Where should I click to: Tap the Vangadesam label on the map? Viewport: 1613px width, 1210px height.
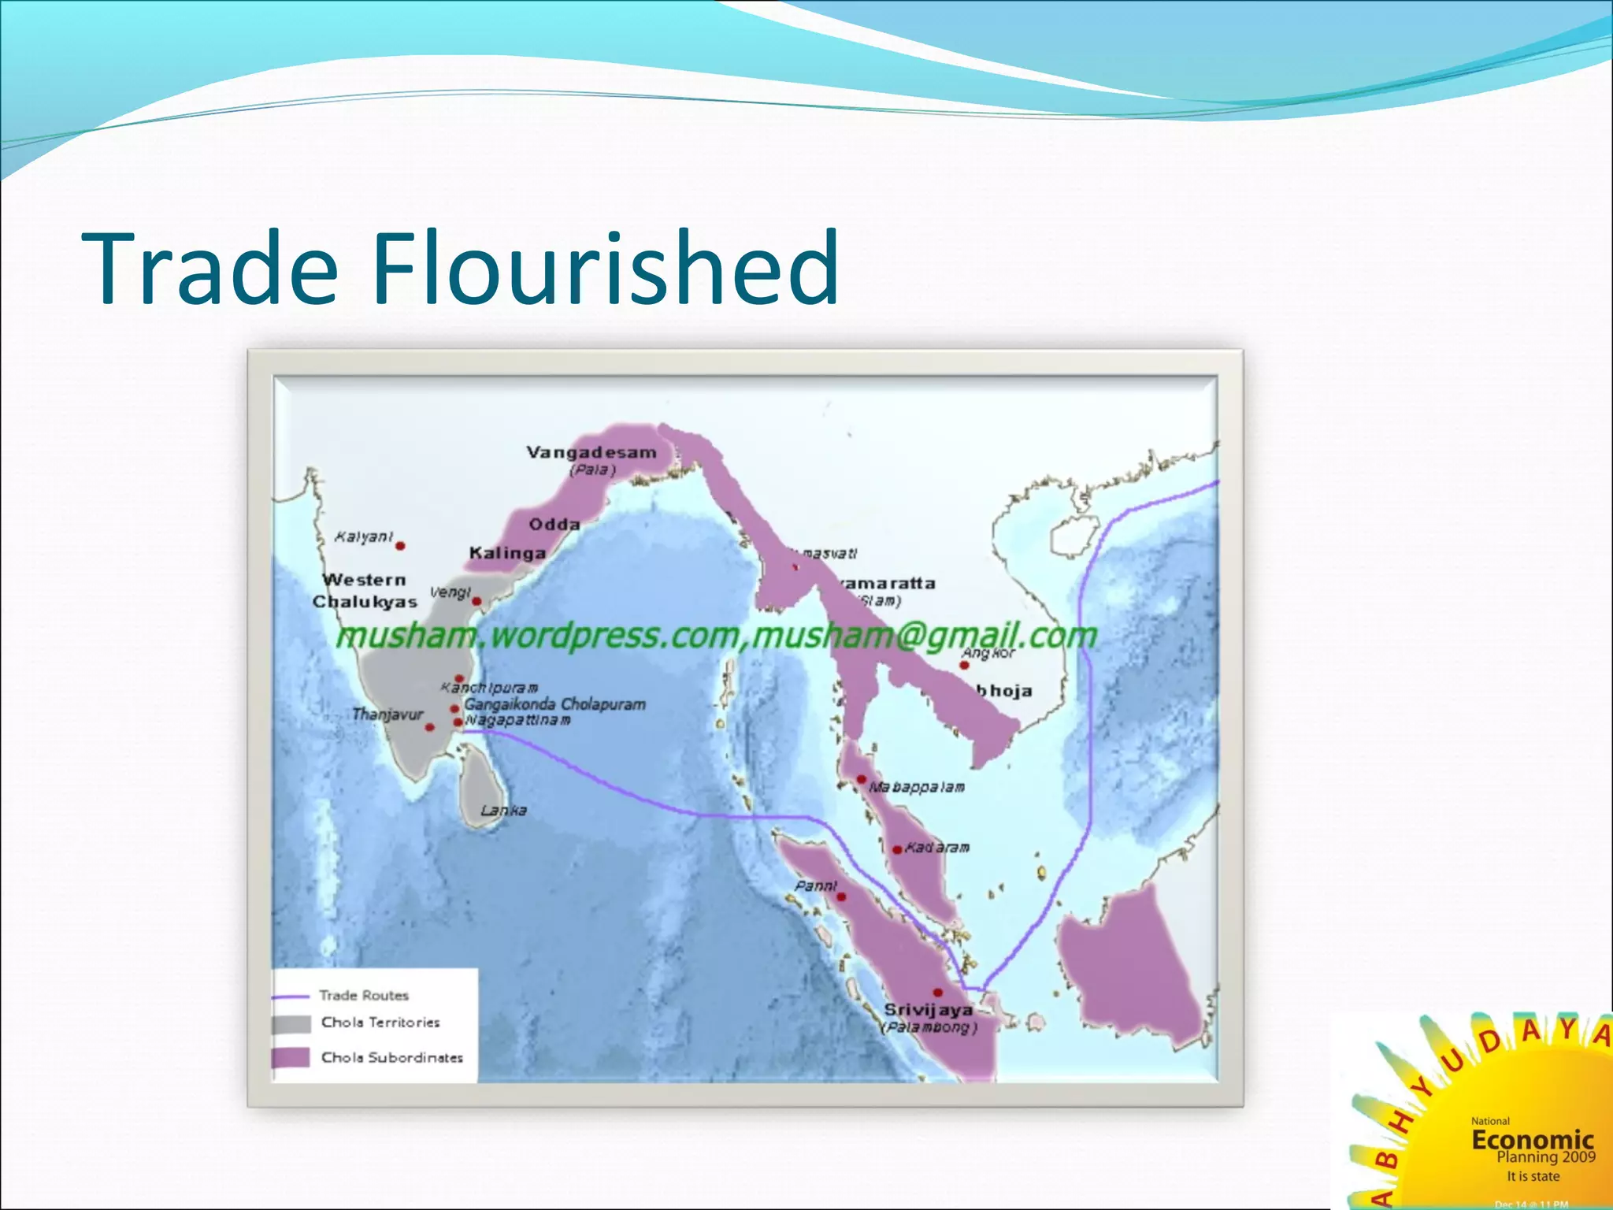pos(591,453)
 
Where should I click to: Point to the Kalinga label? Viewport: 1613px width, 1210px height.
pos(507,553)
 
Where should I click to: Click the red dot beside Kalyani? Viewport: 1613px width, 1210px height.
pos(400,545)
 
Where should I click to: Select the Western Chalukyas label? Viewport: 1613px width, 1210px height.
pos(364,591)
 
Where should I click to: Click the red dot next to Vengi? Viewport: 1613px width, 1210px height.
pos(476,602)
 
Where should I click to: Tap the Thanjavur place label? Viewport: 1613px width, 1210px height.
pos(387,714)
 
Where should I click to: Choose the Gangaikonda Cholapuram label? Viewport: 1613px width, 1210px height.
pos(554,704)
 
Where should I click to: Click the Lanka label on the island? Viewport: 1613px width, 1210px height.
pos(503,810)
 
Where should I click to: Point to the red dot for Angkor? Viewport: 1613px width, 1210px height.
pos(964,665)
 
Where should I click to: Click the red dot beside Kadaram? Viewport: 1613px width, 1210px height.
pos(897,849)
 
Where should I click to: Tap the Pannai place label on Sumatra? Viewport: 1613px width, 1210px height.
pos(816,885)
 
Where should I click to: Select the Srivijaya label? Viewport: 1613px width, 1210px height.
pos(928,1010)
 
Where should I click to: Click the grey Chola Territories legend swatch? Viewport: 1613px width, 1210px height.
pos(291,1024)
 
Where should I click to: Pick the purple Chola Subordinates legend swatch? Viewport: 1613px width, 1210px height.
pos(291,1057)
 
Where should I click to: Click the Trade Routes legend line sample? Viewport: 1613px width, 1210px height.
pos(289,997)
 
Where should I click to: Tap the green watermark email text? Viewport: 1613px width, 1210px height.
pos(925,635)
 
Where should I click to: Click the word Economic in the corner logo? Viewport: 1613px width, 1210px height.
pos(1533,1139)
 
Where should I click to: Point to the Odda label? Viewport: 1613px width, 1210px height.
pos(554,525)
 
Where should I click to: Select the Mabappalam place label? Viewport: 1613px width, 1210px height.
pos(917,787)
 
